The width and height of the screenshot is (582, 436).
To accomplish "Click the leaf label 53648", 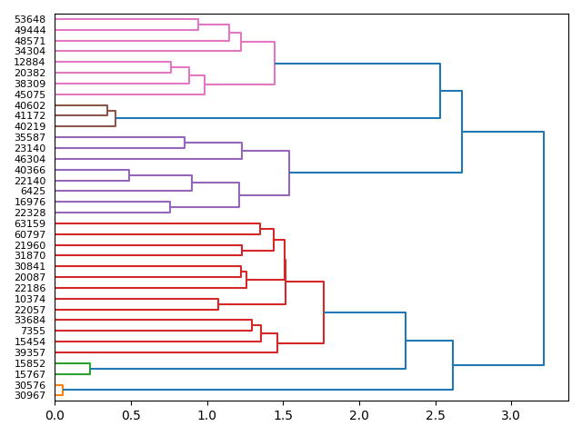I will coord(30,19).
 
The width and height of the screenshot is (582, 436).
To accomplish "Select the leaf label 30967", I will coord(30,395).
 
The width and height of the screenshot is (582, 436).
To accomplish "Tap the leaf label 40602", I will coord(30,105).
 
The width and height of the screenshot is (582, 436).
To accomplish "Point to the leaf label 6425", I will coord(33,191).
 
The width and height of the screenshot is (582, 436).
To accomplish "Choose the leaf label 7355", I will coord(33,331).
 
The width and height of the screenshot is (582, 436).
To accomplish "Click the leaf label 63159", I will coord(30,223).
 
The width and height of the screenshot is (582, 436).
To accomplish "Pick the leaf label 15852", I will coord(30,363).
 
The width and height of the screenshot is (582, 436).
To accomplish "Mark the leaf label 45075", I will coord(30,94).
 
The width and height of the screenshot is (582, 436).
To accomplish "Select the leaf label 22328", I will coord(30,213).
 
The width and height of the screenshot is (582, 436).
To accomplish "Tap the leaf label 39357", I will coord(30,352).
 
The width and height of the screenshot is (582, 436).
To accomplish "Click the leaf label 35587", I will coord(30,137).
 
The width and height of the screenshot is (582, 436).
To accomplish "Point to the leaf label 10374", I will coord(30,299).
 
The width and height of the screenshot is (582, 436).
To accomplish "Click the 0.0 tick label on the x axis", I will coord(55,415).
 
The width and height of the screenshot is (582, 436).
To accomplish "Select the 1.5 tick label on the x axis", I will coord(283,415).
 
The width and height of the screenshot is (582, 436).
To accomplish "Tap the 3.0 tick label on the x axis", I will coord(511,415).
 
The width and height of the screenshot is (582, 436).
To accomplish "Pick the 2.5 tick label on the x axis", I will coord(435,415).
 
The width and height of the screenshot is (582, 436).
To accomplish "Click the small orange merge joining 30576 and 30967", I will coord(63,390).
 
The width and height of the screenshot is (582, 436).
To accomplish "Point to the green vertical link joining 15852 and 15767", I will coord(90,369).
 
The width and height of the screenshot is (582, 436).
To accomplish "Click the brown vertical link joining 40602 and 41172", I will coord(107,111).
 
